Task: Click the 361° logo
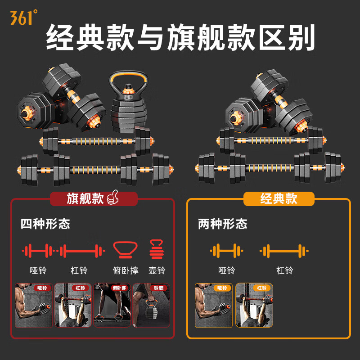(x=24, y=17)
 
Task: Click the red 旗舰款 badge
(x=94, y=198)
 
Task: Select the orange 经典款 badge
(x=279, y=198)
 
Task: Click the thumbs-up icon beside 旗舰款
(x=113, y=198)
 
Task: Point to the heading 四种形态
(x=45, y=224)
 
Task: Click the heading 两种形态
(x=223, y=224)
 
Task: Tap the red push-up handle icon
(x=126, y=250)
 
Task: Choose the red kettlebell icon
(x=157, y=249)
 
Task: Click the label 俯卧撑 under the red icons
(x=126, y=270)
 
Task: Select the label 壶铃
(x=157, y=270)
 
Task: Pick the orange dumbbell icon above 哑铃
(x=226, y=251)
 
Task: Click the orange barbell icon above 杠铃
(x=284, y=251)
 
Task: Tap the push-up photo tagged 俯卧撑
(x=112, y=305)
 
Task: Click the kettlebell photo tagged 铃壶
(x=151, y=305)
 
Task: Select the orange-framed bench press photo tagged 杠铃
(x=254, y=305)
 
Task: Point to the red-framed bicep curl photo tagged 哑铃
(x=34, y=305)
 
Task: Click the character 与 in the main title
(x=150, y=37)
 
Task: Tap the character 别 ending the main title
(x=301, y=37)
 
